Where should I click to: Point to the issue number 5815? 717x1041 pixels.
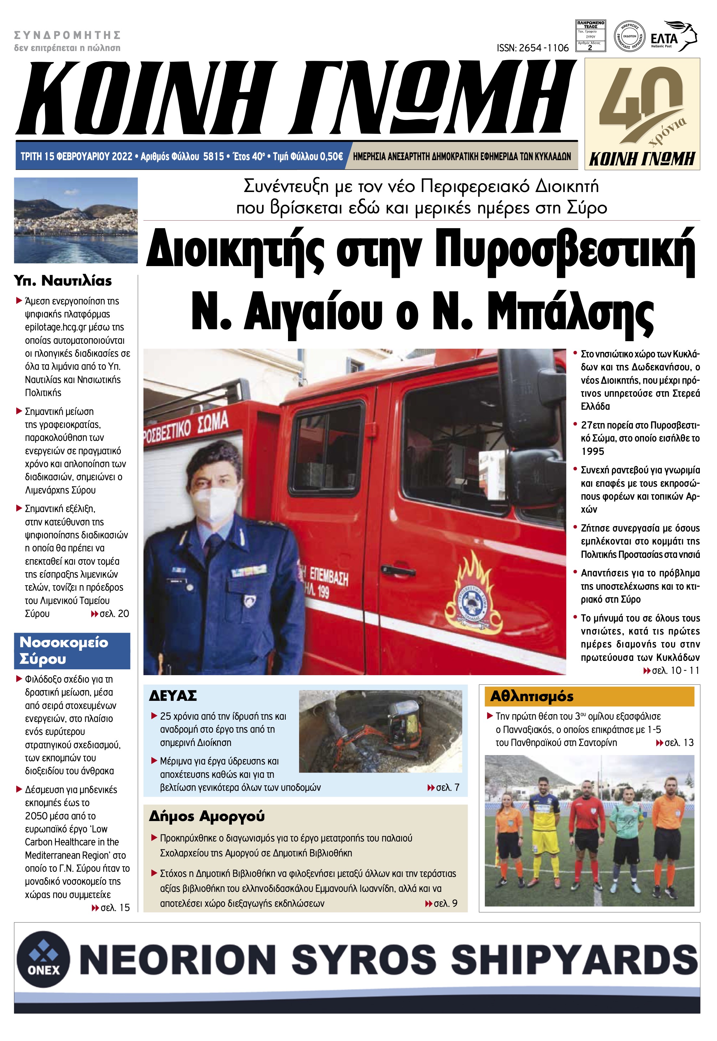[x=213, y=156]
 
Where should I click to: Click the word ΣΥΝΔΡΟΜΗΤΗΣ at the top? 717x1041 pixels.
[x=68, y=35]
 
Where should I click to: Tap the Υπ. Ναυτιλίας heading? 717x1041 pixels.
[x=63, y=281]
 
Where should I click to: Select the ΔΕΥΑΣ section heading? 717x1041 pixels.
[x=173, y=696]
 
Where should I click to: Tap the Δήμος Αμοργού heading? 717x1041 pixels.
[x=207, y=816]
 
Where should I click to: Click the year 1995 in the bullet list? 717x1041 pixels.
[x=593, y=451]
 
